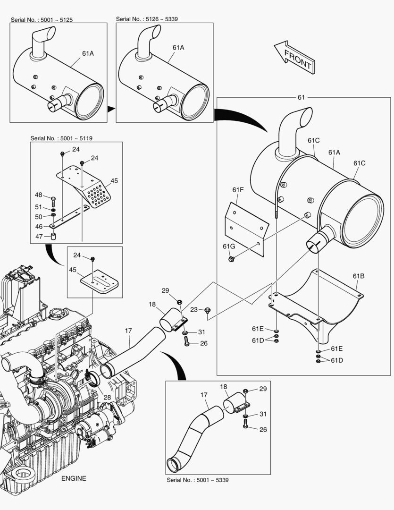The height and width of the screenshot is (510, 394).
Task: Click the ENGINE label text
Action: pos(74,478)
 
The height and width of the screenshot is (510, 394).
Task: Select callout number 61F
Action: pos(238,189)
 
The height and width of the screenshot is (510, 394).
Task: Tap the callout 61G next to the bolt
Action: pos(229,246)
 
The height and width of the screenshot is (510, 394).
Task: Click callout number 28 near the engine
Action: pos(107,398)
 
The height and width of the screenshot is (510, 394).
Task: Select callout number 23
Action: pos(194,310)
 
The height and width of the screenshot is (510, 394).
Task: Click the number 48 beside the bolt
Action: pos(39,195)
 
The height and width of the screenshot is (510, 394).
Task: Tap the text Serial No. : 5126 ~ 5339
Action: pos(147,19)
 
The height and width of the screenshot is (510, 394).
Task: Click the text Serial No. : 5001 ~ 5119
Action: pos(61,138)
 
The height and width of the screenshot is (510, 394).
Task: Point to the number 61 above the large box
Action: pos(301,97)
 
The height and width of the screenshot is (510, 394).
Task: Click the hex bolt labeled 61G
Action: pos(232,259)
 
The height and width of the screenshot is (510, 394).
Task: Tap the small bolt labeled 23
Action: pos(208,310)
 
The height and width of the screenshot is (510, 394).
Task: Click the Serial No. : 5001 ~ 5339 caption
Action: pos(198,480)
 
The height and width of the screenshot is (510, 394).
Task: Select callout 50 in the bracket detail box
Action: pos(39,216)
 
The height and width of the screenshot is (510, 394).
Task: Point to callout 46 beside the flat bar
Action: pos(39,227)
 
